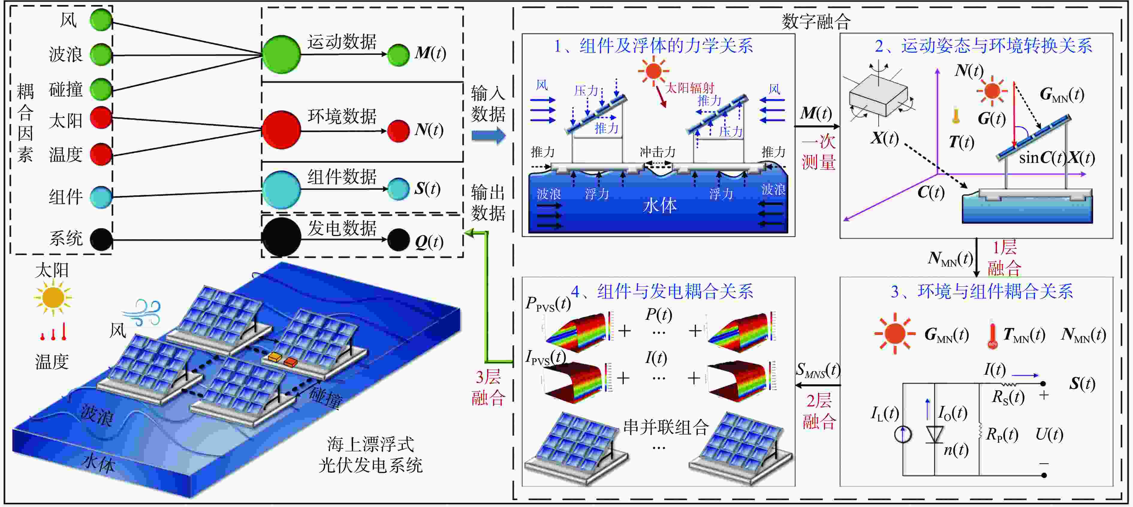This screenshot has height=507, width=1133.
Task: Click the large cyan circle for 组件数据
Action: tap(281, 190)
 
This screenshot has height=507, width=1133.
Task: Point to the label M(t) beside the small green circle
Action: tap(430, 53)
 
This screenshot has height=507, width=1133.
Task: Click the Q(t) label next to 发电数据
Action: tap(429, 241)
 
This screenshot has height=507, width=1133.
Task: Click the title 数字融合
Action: tap(816, 21)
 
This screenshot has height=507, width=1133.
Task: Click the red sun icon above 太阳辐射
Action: tap(654, 70)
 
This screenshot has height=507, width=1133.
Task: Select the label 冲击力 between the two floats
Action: tap(658, 152)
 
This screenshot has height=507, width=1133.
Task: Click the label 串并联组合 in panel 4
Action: tap(666, 427)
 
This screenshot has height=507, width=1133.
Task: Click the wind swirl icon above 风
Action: tap(143, 312)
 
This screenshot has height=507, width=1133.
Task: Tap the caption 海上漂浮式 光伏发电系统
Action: tap(370, 454)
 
